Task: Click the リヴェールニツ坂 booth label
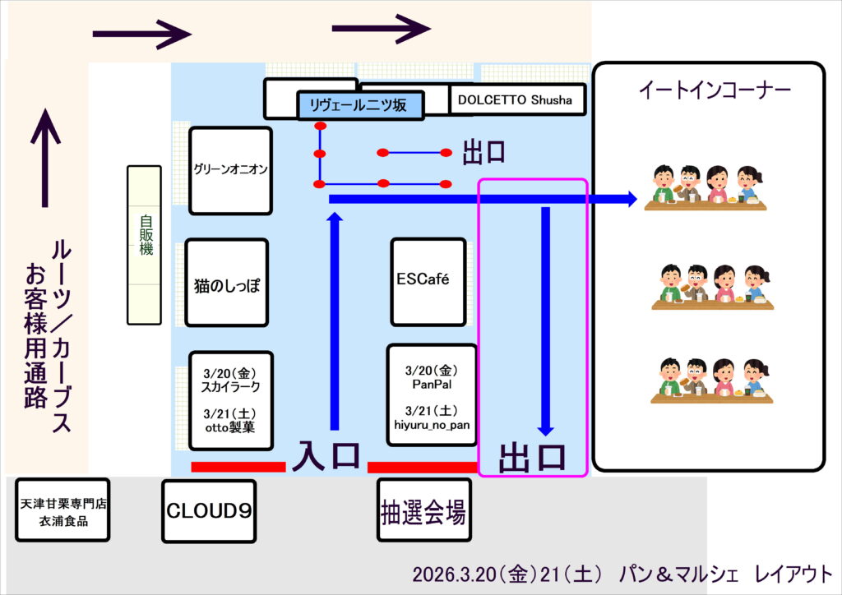tap(360, 105)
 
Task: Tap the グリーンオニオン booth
tap(231, 170)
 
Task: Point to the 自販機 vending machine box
tap(145, 245)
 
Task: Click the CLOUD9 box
tap(209, 511)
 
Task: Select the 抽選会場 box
tap(423, 511)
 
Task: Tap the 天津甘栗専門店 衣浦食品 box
tap(62, 510)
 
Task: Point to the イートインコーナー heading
tap(708, 90)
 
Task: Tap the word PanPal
tap(432, 383)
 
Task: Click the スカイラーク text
tap(231, 385)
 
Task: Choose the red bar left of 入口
tap(238, 467)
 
